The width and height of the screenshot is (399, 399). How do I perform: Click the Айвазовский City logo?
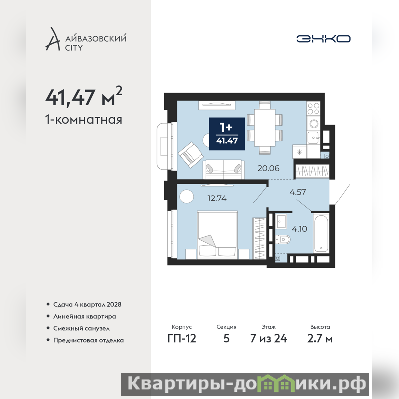tap(86, 39)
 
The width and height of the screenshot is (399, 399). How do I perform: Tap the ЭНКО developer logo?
tap(323, 39)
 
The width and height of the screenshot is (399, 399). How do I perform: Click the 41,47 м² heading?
tap(84, 97)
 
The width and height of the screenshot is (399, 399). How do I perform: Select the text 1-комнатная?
tap(84, 120)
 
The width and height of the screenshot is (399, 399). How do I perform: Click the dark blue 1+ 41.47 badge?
tap(227, 134)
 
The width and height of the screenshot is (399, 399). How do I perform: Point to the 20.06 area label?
tap(268, 168)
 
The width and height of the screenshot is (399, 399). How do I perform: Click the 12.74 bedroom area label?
tap(217, 198)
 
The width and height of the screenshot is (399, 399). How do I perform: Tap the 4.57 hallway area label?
tap(298, 192)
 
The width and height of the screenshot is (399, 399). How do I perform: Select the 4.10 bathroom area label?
tap(300, 229)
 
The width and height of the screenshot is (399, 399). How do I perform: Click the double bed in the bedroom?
tap(217, 235)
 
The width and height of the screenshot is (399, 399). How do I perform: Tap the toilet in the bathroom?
tap(283, 239)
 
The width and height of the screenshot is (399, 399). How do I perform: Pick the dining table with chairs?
tap(265, 128)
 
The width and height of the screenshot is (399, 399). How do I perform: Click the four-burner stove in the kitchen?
tap(313, 108)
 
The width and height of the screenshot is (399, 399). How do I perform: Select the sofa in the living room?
tap(224, 169)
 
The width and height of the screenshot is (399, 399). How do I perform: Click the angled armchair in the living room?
tap(191, 155)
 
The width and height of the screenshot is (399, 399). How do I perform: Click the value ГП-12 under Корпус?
tap(182, 339)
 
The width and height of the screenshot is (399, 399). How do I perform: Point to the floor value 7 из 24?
tap(269, 339)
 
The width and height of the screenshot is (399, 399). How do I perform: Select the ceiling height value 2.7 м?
tap(320, 339)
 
